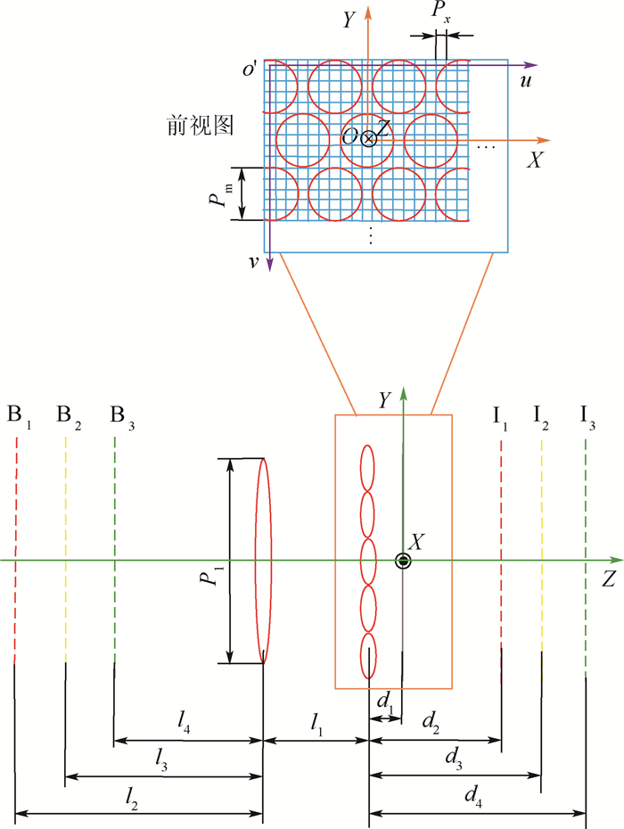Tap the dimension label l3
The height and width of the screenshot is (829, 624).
point(161,760)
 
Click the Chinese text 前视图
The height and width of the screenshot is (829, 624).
point(200,126)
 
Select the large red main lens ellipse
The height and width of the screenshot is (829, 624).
point(263,561)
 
